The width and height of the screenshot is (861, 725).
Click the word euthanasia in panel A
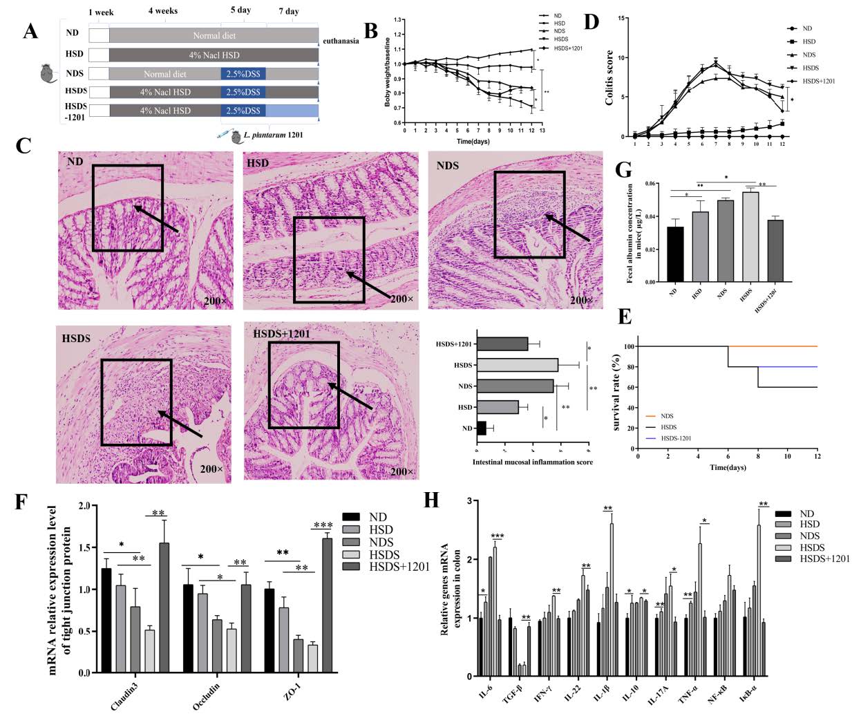(341, 41)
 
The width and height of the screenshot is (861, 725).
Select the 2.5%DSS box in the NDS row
(243, 73)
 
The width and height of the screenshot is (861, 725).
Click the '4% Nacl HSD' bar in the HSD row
(214, 55)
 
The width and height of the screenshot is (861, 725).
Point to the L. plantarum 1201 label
(274, 135)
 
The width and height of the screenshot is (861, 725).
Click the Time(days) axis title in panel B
(473, 141)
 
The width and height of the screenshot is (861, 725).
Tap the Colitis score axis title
(609, 77)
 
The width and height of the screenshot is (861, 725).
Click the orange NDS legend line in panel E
(652, 416)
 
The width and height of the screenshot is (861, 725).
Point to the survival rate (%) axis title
(616, 393)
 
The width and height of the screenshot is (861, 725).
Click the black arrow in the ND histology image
(155, 218)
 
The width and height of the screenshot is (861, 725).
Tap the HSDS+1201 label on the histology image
(281, 334)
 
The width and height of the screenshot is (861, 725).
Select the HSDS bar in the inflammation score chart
(518, 364)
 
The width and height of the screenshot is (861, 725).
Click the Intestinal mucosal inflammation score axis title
(532, 462)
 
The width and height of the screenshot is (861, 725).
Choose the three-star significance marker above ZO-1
(323, 525)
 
